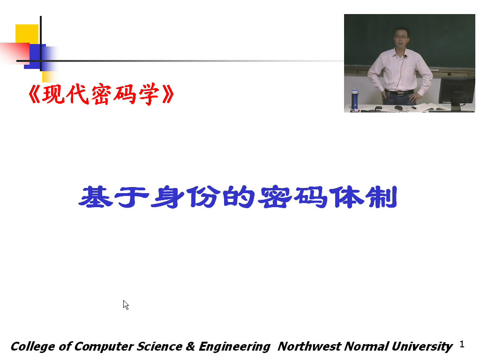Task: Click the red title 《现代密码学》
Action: click(101, 94)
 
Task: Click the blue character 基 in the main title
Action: click(96, 197)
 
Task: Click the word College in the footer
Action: click(33, 347)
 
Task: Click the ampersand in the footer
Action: click(190, 346)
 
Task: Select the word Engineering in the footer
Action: click(234, 347)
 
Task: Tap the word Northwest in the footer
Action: click(309, 346)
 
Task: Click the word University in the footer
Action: click(422, 347)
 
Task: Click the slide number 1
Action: click(462, 345)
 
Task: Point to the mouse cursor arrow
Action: click(126, 305)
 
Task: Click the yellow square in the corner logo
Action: click(27, 34)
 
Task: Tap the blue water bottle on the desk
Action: click(354, 99)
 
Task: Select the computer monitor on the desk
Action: click(457, 92)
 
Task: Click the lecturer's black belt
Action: click(399, 92)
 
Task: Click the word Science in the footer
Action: click(159, 346)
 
